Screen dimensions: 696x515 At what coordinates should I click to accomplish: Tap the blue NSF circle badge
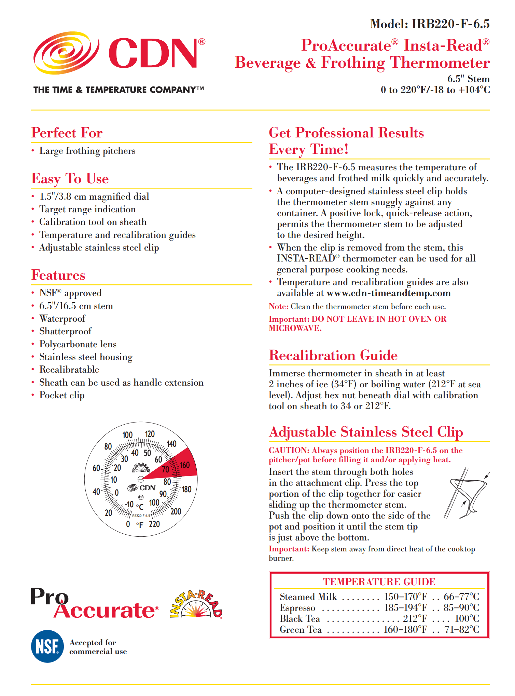point(47,646)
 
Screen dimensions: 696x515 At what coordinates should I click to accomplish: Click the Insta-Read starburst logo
point(196,605)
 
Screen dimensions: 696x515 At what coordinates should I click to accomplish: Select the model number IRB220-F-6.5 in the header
point(450,24)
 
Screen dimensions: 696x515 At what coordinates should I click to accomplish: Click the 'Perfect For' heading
point(67,133)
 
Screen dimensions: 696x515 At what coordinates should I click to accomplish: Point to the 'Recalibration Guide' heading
point(333,356)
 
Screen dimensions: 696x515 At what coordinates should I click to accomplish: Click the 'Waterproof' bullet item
point(62,319)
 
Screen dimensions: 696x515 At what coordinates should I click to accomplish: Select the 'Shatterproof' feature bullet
point(65,331)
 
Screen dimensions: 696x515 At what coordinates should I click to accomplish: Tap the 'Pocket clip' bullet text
point(62,395)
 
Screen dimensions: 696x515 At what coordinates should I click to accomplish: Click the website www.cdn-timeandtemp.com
point(389,293)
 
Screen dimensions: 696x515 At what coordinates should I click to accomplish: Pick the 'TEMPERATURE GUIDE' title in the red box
point(379,582)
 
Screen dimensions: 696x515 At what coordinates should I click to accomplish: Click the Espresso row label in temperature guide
point(297,608)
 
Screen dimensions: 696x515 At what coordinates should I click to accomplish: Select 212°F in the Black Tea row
point(415,619)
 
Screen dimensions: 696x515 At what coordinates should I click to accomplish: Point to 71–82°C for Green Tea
point(462,630)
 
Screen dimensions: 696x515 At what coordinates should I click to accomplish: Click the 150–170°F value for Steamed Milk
point(406,597)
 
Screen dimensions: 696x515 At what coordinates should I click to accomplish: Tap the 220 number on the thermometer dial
point(154,524)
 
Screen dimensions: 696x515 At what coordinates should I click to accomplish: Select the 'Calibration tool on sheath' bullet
point(93,222)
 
